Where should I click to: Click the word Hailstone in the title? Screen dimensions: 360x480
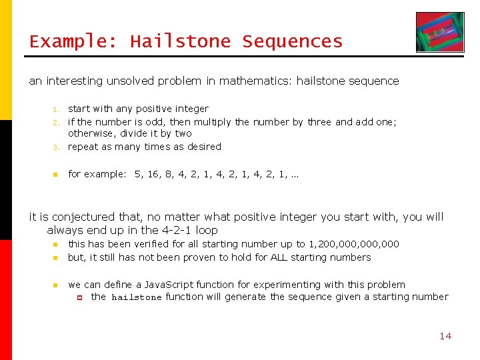(x=180, y=41)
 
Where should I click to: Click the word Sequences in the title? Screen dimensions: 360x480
(x=292, y=41)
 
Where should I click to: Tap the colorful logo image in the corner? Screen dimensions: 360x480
(x=440, y=32)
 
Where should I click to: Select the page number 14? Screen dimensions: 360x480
(x=445, y=336)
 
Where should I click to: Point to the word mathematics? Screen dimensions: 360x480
(x=257, y=81)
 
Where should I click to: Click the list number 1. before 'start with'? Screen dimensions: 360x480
(x=57, y=109)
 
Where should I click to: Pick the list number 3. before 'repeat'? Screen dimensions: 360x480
(x=57, y=147)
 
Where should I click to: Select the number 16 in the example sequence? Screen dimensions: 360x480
(x=155, y=174)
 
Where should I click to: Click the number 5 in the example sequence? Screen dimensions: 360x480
(x=138, y=174)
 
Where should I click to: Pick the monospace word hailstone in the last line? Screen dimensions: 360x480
(x=136, y=297)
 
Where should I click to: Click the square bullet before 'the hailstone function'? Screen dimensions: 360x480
(x=78, y=297)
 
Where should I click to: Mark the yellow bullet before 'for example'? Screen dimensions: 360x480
(x=57, y=175)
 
